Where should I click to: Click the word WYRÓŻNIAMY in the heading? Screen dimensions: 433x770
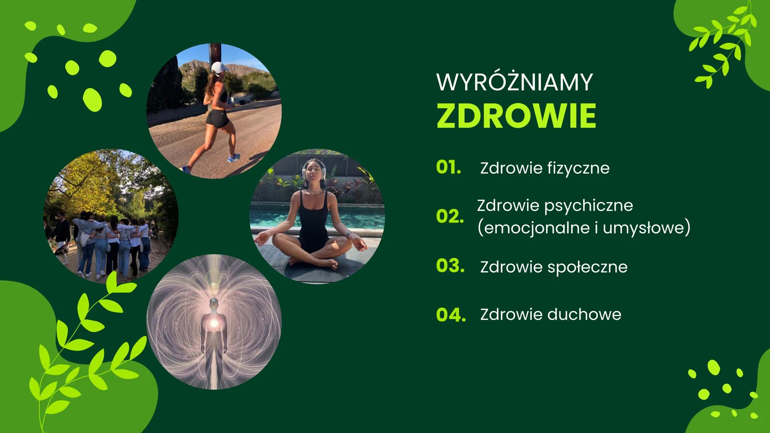tap(514, 82)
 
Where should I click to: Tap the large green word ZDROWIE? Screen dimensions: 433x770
tap(516, 116)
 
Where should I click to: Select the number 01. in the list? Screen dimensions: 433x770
tap(448, 168)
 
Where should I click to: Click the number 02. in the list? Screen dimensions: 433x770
tap(450, 216)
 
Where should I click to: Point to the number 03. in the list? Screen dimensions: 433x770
tap(450, 266)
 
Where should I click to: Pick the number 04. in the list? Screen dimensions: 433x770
tap(451, 314)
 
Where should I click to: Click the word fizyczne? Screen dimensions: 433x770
tap(578, 168)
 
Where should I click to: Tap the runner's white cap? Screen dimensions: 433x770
tap(219, 67)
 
